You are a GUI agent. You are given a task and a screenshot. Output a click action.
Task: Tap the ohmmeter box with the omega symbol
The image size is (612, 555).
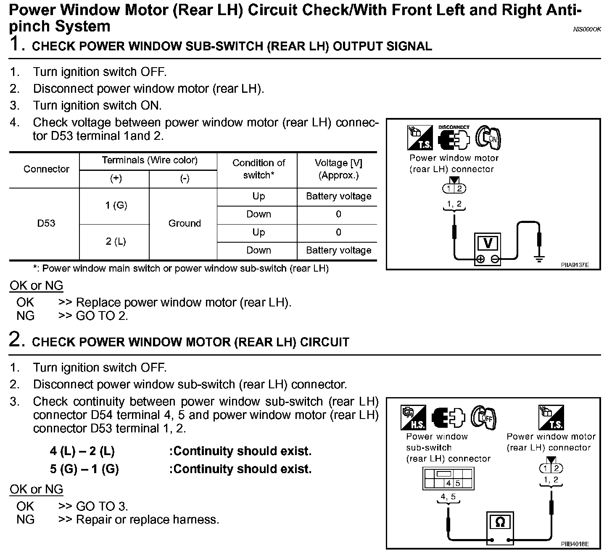click(500, 527)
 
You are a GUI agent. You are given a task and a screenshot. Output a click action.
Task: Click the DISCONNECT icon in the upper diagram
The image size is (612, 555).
click(454, 137)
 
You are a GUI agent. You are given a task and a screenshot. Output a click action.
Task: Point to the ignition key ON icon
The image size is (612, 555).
click(488, 137)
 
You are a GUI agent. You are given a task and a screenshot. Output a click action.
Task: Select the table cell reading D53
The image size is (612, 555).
click(46, 223)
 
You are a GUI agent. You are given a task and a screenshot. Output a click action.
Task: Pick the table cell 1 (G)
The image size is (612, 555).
click(116, 205)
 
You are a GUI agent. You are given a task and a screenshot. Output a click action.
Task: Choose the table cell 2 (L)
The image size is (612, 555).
click(116, 241)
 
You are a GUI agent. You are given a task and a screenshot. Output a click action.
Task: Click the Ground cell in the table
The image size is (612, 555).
click(184, 223)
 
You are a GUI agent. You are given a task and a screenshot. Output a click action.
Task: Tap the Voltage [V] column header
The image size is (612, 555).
click(338, 169)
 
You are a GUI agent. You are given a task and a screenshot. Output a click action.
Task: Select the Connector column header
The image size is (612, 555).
click(46, 169)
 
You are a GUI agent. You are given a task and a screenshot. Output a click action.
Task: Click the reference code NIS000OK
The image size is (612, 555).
click(587, 29)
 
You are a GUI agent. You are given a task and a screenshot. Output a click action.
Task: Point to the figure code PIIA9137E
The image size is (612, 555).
click(575, 265)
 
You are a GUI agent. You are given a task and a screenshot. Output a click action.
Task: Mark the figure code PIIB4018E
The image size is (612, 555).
click(575, 544)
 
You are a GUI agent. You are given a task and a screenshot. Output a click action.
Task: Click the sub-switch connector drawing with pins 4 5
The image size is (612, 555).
click(448, 479)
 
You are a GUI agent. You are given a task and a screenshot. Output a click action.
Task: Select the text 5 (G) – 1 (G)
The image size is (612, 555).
click(84, 469)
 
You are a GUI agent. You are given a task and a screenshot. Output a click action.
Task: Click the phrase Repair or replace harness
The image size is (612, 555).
click(147, 520)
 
